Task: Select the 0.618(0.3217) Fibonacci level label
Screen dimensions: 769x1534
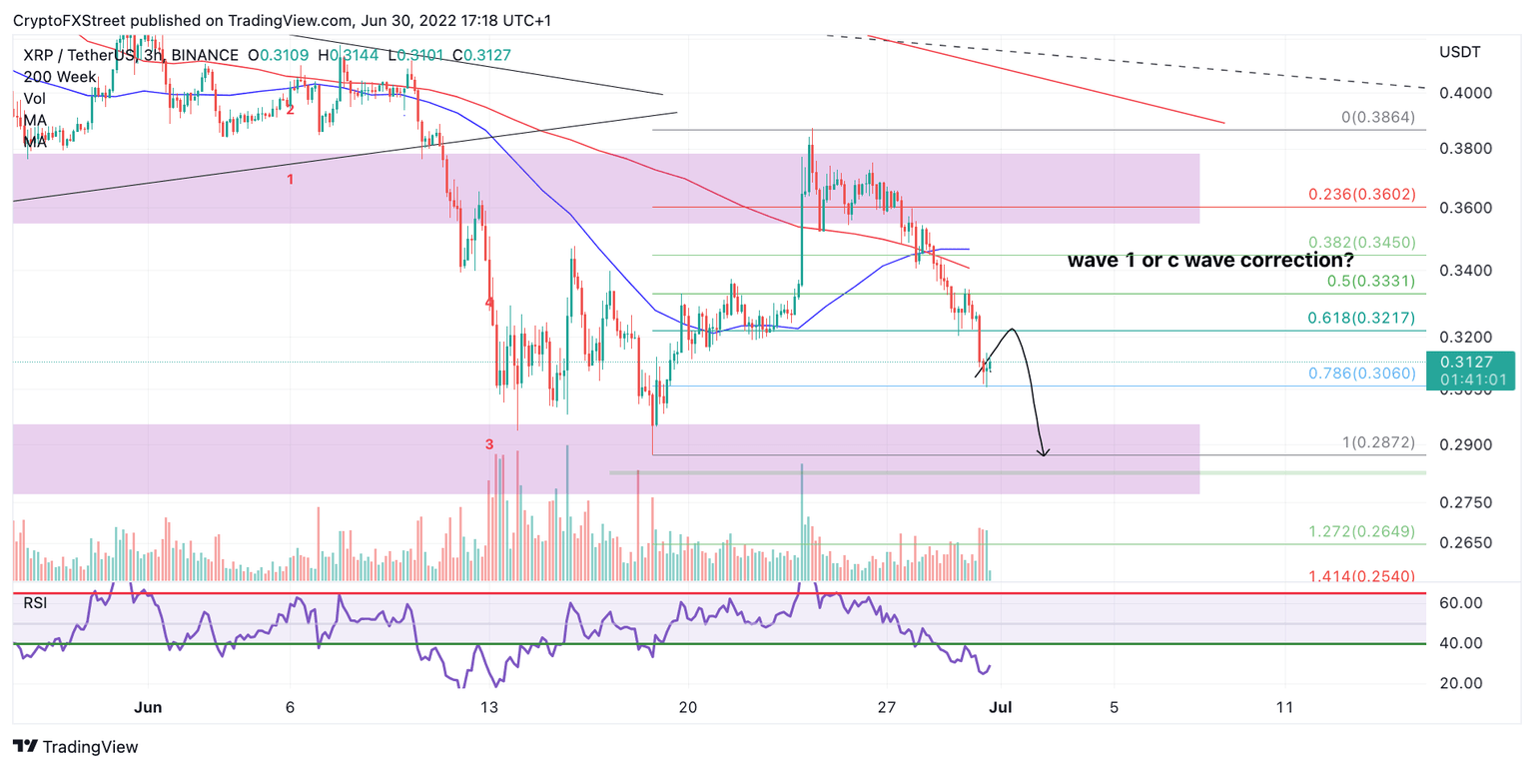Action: click(1362, 318)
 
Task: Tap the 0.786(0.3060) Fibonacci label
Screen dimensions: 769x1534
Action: click(1362, 374)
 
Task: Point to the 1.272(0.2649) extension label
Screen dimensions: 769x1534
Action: click(1362, 531)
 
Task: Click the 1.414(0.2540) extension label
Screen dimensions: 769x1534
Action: click(1362, 576)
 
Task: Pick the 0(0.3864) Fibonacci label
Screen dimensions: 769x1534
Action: click(1378, 117)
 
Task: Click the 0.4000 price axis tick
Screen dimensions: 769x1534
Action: click(1466, 93)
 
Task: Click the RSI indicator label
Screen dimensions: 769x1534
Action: click(35, 602)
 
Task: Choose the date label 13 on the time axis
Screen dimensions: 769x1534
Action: click(488, 707)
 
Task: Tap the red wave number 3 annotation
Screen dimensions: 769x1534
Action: click(489, 444)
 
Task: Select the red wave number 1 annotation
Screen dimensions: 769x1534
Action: click(291, 180)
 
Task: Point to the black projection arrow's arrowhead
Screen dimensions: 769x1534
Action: click(1044, 454)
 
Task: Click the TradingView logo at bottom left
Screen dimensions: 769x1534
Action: click(76, 746)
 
